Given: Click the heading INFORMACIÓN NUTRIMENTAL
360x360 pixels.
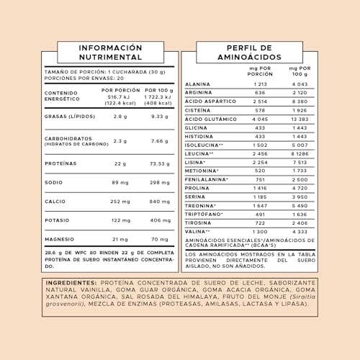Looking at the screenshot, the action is (110, 52).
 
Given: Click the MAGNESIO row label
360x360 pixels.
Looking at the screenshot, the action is (60, 239).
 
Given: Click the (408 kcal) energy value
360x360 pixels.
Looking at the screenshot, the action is (159, 103).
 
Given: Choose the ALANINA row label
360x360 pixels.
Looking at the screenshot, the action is (197, 84).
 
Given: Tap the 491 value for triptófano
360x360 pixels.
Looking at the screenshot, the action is (260, 214).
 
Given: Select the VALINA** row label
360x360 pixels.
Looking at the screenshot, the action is (198, 231).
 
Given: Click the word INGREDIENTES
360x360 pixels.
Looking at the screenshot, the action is (74, 282).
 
